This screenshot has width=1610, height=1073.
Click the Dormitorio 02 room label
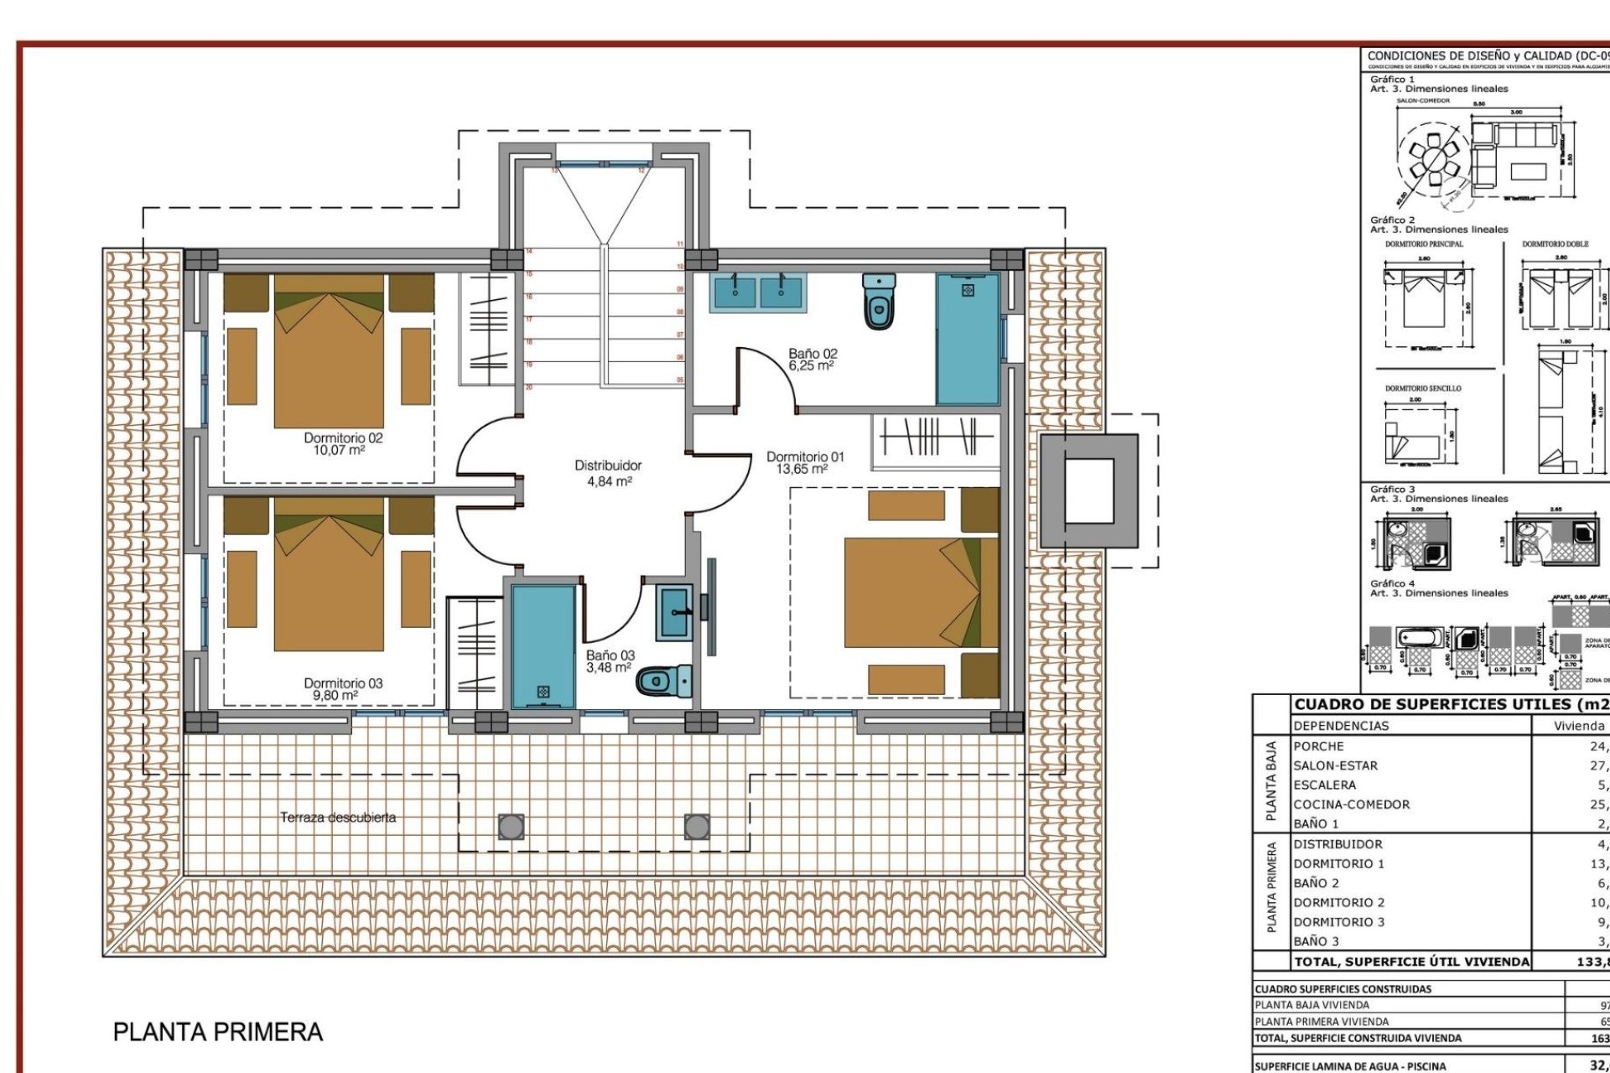click(x=343, y=443)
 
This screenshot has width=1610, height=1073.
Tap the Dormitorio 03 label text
click(x=343, y=689)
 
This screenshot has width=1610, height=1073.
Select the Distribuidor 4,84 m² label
click(x=608, y=473)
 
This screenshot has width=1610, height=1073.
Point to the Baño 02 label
click(x=812, y=360)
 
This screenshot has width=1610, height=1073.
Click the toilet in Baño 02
click(x=878, y=301)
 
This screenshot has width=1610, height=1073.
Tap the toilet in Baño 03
click(x=664, y=680)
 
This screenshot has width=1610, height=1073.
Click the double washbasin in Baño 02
click(x=757, y=292)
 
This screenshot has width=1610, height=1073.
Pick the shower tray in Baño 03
click(x=543, y=645)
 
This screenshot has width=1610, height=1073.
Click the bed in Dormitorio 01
click(x=921, y=592)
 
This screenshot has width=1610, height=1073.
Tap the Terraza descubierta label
click(x=338, y=817)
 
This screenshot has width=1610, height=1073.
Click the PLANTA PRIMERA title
click(x=218, y=1032)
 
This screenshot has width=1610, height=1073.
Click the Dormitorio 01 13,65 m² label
click(x=805, y=463)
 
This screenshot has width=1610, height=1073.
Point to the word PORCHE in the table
click(x=1318, y=746)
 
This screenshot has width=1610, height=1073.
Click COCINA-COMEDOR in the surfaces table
click(x=1351, y=805)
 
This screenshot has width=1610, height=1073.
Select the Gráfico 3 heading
click(x=1393, y=489)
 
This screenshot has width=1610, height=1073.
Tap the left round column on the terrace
click(x=511, y=827)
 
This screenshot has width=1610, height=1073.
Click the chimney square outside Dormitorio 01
click(x=1088, y=491)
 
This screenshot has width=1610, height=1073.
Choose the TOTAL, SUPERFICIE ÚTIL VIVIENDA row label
click(x=1411, y=962)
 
